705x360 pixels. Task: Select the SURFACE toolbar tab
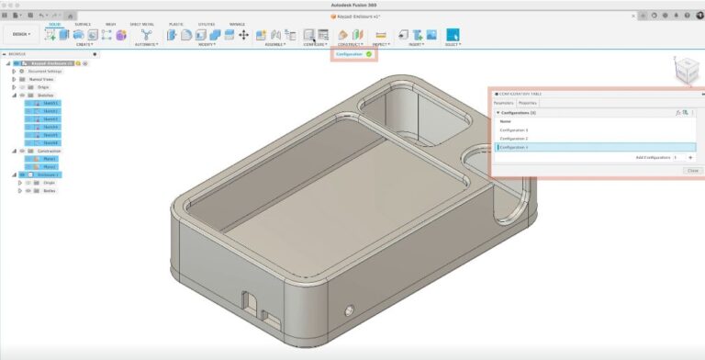tap(82, 24)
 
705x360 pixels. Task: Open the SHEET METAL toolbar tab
tap(142, 24)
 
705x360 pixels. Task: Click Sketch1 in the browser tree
tap(50, 103)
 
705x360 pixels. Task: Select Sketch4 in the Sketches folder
tap(50, 127)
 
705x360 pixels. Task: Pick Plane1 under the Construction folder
tap(50, 159)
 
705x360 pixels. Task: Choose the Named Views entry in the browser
tap(43, 79)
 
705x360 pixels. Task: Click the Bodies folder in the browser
tap(50, 191)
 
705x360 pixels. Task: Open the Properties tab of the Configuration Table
tap(528, 103)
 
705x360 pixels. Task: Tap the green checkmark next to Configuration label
tap(369, 54)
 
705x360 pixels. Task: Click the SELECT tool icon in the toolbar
tap(452, 34)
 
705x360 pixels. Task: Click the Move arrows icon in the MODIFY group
tap(243, 34)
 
